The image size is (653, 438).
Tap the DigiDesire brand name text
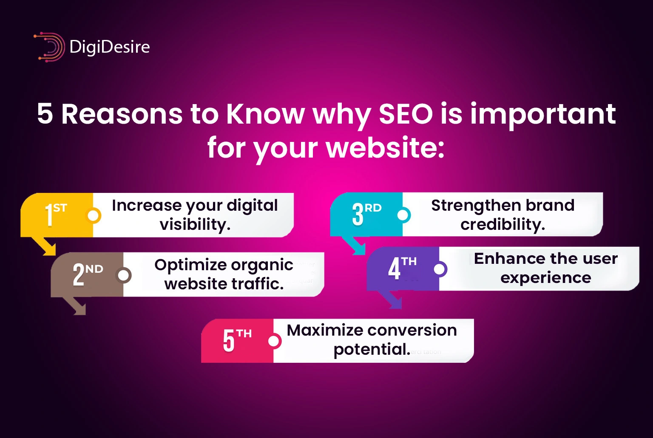tap(109, 47)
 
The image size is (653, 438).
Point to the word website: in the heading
tap(385, 148)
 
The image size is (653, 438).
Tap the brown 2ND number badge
tap(87, 274)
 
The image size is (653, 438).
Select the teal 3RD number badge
tap(366, 213)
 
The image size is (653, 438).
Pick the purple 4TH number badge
tap(402, 268)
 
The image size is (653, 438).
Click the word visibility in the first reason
tap(194, 224)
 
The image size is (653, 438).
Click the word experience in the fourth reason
tap(545, 278)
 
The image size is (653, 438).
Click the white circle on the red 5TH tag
tap(274, 341)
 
